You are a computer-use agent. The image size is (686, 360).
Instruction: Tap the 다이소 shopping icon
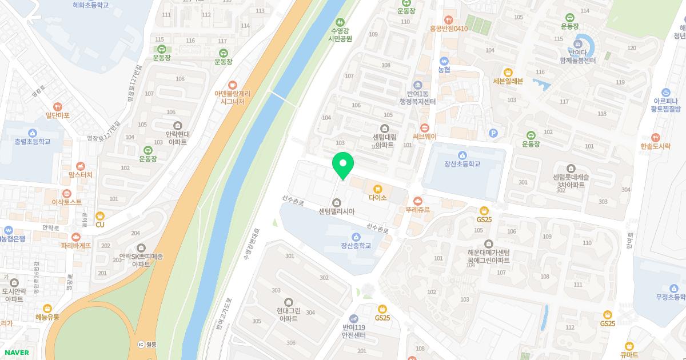377,189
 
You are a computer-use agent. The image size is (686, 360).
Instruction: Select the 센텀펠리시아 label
337,211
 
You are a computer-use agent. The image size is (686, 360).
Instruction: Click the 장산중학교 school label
356,246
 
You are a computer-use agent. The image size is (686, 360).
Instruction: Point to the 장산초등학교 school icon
462,155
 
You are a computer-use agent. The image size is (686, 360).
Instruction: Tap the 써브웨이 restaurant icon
424,128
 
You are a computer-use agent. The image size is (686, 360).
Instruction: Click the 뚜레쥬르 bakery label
418,210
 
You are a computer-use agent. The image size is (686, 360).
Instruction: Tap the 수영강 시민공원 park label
340,35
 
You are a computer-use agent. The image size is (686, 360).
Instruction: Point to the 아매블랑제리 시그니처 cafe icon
232,84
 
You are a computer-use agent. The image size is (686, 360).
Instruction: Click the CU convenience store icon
100,215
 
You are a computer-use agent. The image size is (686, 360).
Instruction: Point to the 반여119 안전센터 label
353,331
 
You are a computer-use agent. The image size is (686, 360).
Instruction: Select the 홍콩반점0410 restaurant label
449,29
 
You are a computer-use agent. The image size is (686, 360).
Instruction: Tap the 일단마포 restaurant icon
57,106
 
